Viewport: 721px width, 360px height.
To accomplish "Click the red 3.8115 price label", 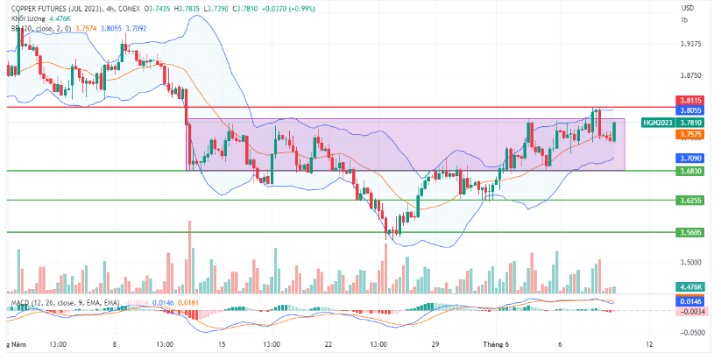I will pyautogui.click(x=689, y=101).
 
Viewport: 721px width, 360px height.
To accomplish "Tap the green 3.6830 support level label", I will pyautogui.click(x=689, y=170).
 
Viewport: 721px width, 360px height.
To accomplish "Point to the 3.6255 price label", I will pyautogui.click(x=689, y=201).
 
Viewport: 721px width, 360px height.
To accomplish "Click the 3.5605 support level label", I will pyautogui.click(x=689, y=232).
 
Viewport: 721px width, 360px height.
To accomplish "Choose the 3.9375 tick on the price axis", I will pyautogui.click(x=691, y=44).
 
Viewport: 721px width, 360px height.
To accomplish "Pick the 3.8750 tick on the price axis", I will pyautogui.click(x=691, y=76).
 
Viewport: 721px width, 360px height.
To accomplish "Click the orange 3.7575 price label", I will pyautogui.click(x=689, y=135).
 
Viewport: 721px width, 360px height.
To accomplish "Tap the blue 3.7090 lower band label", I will pyautogui.click(x=689, y=158).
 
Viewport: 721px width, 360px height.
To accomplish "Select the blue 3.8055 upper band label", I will pyautogui.click(x=689, y=110).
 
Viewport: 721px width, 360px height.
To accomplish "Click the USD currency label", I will pyautogui.click(x=688, y=8).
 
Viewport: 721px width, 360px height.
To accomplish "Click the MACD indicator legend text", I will pyautogui.click(x=61, y=302).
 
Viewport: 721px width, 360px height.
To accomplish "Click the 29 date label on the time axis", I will pyautogui.click(x=435, y=344).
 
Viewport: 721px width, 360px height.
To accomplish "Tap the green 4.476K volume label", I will pyautogui.click(x=689, y=287).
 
